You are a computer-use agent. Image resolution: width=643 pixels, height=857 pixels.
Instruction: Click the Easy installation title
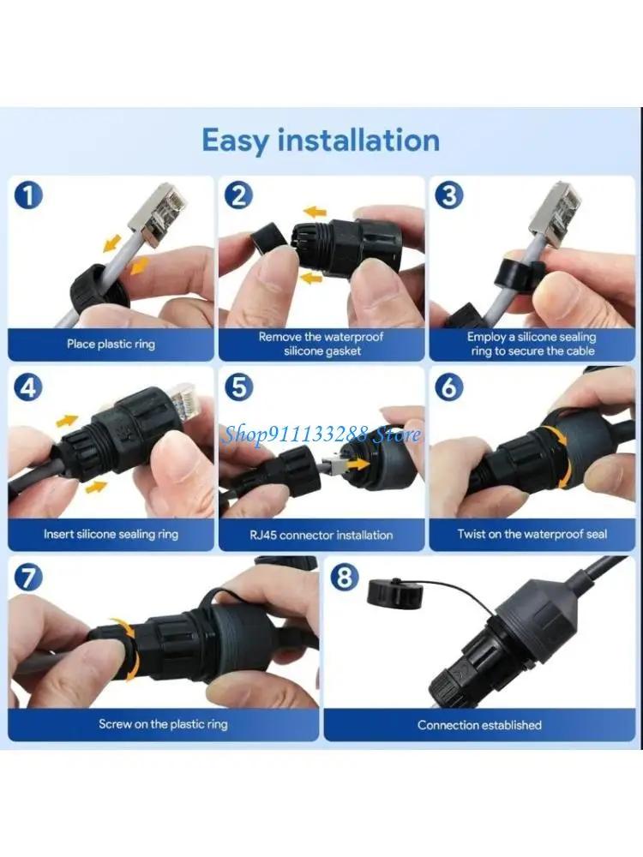[321, 141]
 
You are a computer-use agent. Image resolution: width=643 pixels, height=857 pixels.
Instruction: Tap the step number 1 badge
[28, 195]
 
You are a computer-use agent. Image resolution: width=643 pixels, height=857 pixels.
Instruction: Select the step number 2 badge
[238, 195]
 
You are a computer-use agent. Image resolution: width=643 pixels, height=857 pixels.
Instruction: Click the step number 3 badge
[448, 195]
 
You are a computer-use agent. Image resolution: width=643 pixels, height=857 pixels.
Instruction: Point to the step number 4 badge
[28, 387]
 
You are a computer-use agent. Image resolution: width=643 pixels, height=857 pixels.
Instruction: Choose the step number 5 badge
[238, 387]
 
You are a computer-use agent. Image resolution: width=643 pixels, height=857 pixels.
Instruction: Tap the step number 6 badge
[448, 387]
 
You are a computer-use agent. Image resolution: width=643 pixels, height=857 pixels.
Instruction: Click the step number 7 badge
[28, 577]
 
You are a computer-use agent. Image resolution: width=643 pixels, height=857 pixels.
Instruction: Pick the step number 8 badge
[345, 577]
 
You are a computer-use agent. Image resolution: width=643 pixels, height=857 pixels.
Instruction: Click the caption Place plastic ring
[111, 345]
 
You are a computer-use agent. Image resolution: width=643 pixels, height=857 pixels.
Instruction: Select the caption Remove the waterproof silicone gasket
[321, 344]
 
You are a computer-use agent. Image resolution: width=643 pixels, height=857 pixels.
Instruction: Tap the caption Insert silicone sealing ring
[111, 534]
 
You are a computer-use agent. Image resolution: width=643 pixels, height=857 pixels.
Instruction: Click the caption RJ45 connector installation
[321, 535]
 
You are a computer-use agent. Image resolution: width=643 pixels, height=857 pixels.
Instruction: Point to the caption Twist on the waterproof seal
[532, 534]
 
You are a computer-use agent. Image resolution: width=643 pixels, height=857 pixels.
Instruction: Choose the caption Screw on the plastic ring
[163, 724]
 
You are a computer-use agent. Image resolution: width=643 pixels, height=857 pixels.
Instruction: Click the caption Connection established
[479, 725]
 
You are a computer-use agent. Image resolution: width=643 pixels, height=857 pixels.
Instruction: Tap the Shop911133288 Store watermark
[321, 434]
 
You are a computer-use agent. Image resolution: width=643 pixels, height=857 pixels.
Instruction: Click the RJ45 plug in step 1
[155, 211]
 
